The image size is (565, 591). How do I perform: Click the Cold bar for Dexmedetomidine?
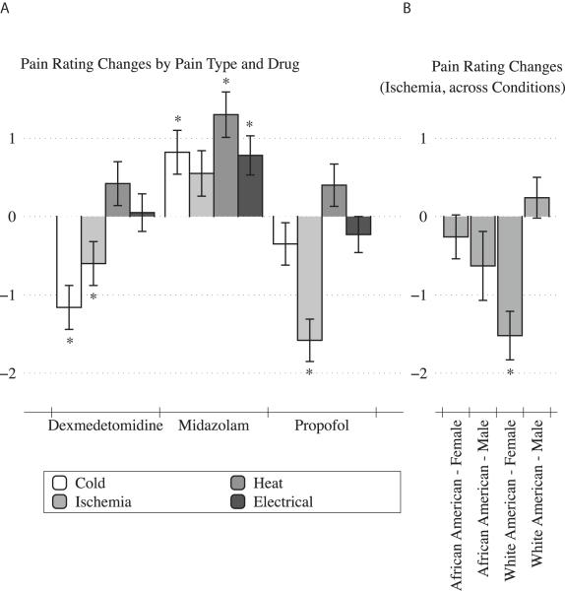(x=69, y=261)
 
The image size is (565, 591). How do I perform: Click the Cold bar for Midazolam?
(x=177, y=183)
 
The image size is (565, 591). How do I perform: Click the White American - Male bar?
(x=536, y=206)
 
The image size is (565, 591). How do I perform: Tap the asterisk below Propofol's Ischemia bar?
(x=310, y=372)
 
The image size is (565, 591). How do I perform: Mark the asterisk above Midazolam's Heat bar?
(x=225, y=83)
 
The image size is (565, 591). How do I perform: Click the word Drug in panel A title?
(x=282, y=64)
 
